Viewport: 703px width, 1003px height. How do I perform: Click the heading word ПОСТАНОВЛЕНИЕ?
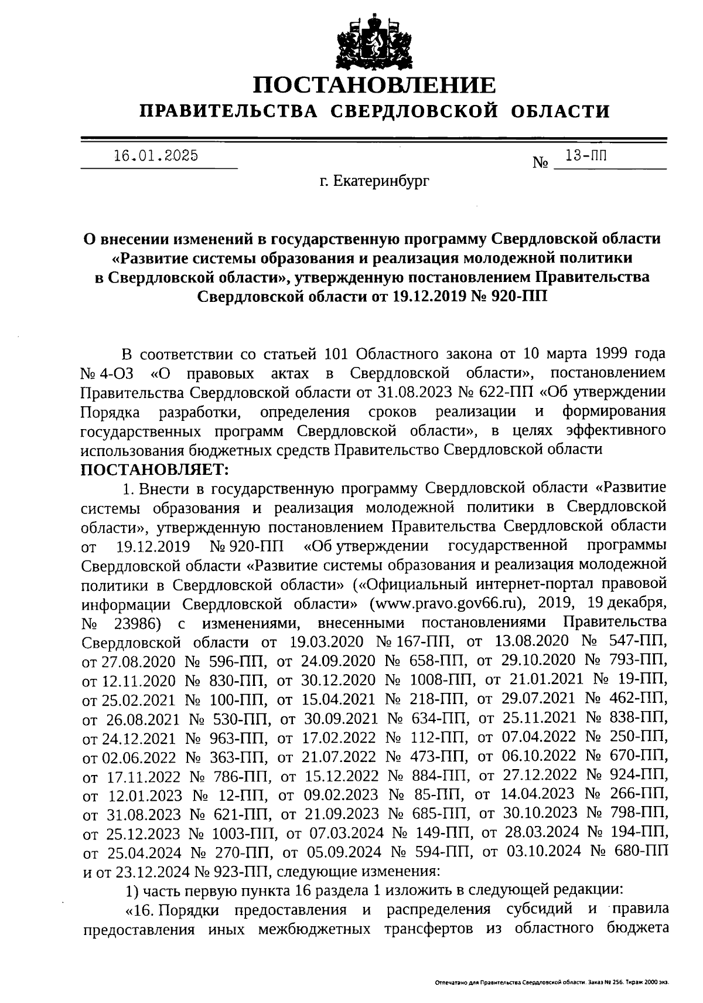pyautogui.click(x=374, y=85)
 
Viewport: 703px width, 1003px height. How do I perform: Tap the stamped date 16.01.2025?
pyautogui.click(x=156, y=156)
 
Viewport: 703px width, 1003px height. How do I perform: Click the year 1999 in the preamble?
pyautogui.click(x=598, y=354)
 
